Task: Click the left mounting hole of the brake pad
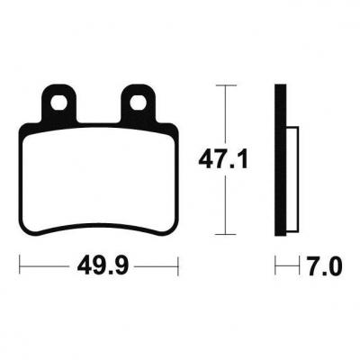pyautogui.click(x=58, y=103)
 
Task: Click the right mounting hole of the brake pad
pyautogui.click(x=138, y=103)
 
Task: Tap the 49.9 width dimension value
pyautogui.click(x=103, y=266)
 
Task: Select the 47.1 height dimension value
pyautogui.click(x=223, y=160)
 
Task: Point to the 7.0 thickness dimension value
pyautogui.click(x=324, y=266)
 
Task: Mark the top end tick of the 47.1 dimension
pyautogui.click(x=226, y=85)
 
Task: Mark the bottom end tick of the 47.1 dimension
pyautogui.click(x=226, y=234)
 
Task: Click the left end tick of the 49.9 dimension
pyautogui.click(x=20, y=265)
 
